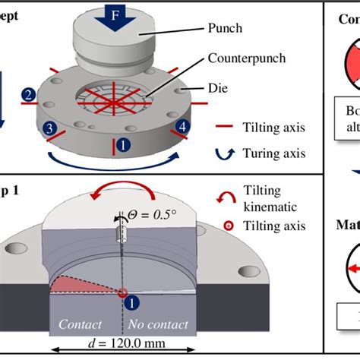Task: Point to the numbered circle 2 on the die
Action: point(28,94)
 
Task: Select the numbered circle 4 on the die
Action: point(183,125)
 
